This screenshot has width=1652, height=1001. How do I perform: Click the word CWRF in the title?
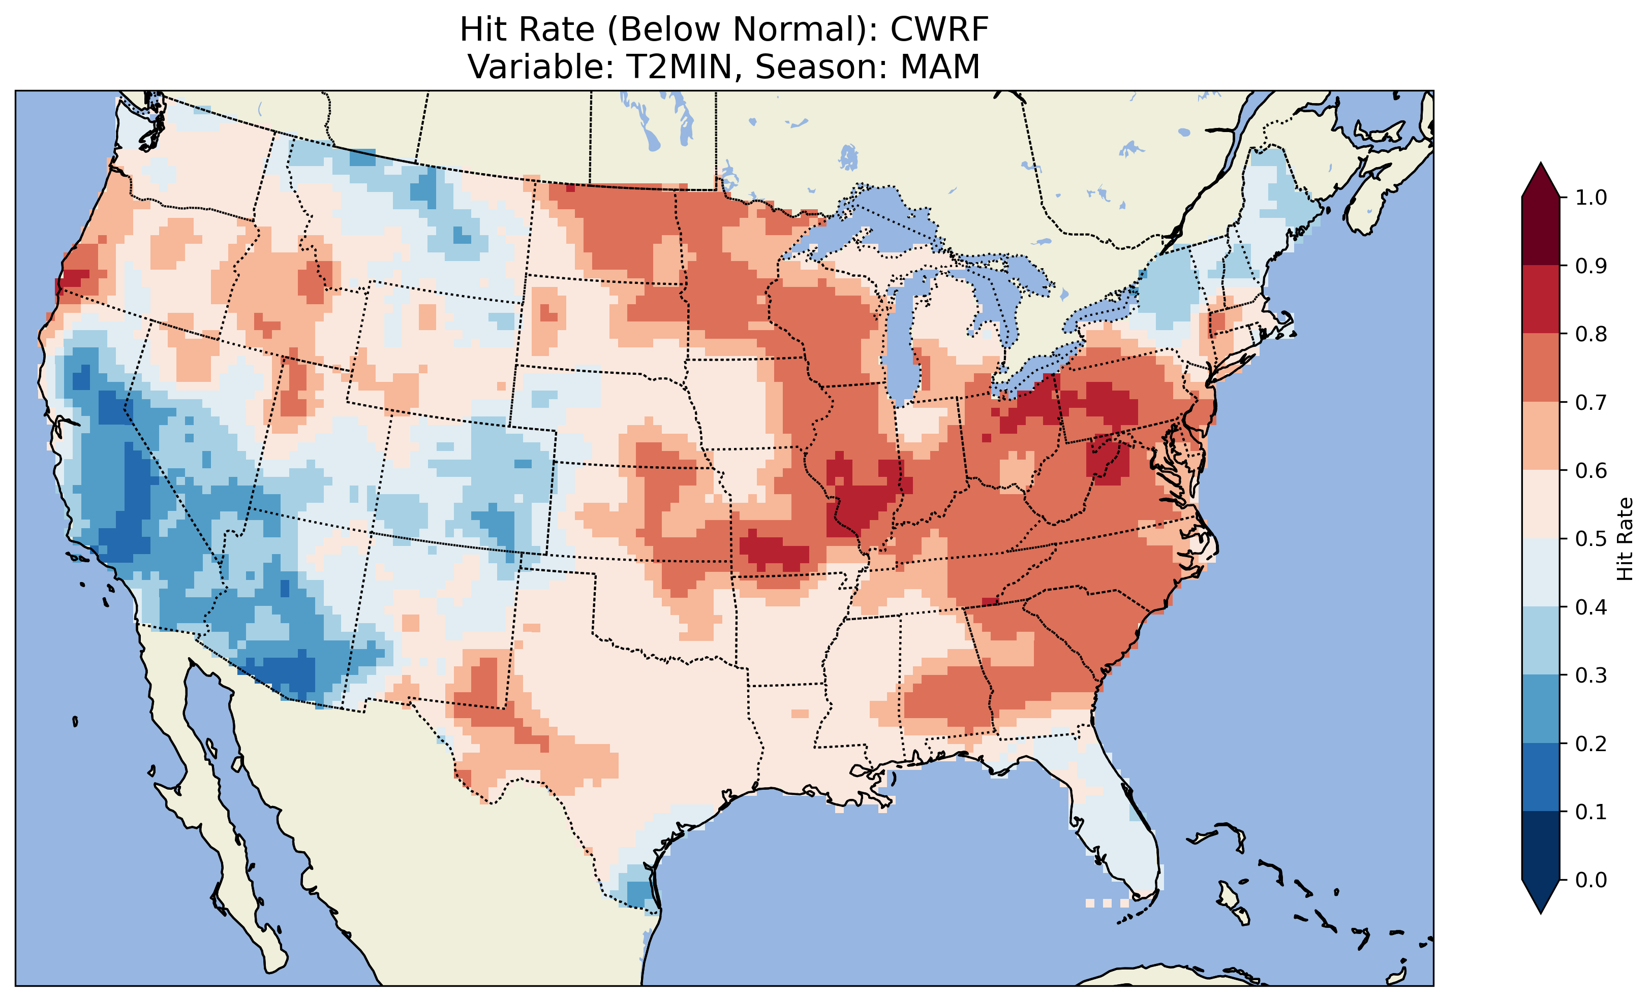tap(939, 29)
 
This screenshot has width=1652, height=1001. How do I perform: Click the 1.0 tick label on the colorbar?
tap(1591, 198)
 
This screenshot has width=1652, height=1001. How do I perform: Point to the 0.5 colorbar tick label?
tap(1591, 539)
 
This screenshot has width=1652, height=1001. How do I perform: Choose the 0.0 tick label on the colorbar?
tap(1591, 880)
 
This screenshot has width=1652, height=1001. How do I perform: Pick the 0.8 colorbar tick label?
tap(1591, 334)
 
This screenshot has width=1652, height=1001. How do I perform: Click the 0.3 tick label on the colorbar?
tap(1591, 675)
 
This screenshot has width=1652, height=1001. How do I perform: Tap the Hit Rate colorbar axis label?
tap(1625, 539)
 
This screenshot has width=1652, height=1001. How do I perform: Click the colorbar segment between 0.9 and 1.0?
tap(1541, 231)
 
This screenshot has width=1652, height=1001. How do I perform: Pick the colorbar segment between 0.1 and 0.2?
tap(1541, 777)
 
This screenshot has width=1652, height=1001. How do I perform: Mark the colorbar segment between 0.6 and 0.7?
tap(1541, 436)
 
